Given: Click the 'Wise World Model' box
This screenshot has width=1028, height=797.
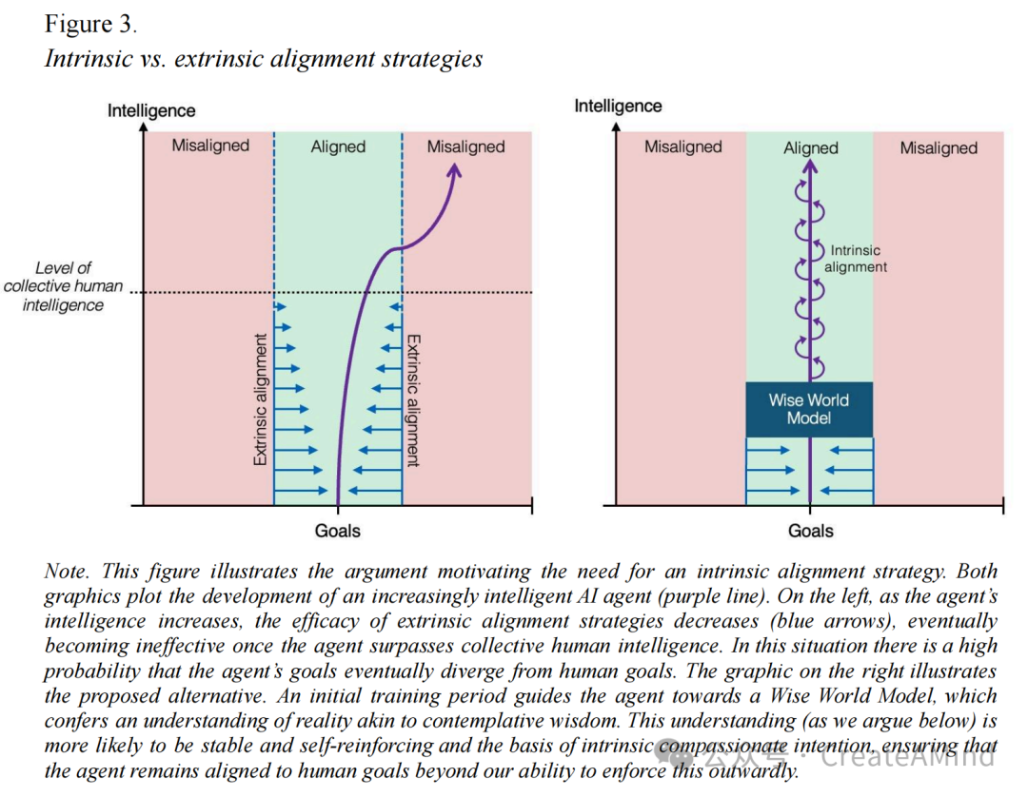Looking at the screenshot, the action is click(809, 409).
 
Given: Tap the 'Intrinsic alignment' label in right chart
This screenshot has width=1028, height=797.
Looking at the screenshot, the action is click(855, 259).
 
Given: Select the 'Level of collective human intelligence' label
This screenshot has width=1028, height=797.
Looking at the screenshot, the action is click(63, 286).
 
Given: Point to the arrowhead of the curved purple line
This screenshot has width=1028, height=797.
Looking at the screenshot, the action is click(455, 169).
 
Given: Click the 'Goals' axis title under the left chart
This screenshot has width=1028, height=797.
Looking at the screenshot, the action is click(338, 530).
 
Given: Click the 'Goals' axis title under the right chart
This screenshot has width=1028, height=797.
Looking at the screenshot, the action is click(810, 531).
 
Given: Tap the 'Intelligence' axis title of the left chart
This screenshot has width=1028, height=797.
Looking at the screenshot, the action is click(151, 110).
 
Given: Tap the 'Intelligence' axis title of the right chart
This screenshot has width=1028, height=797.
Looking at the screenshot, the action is click(618, 107).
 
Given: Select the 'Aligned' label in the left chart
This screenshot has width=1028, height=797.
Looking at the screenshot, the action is click(338, 146).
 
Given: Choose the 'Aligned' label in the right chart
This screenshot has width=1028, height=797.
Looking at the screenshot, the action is click(810, 147).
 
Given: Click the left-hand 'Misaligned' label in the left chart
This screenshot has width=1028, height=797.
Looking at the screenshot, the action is click(210, 146).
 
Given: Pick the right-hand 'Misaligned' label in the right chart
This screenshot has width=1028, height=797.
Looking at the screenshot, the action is click(939, 147).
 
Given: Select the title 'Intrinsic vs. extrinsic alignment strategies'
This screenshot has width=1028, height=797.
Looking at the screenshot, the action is click(264, 59).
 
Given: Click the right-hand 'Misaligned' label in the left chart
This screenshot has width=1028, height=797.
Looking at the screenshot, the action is click(465, 146).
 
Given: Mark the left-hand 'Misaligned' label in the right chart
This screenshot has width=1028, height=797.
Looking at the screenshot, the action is click(682, 146).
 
